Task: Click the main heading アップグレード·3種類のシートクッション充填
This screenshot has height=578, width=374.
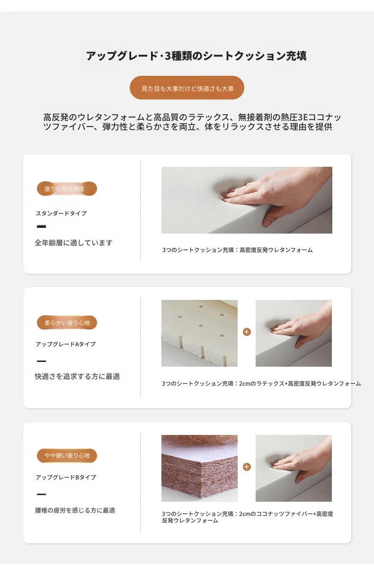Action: point(196,56)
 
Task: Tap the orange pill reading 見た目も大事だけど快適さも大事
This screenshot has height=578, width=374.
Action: point(187,88)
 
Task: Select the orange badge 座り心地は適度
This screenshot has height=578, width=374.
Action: point(67,189)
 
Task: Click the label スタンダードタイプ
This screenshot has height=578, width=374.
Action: point(61,213)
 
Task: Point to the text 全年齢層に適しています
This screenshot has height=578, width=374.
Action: point(73,243)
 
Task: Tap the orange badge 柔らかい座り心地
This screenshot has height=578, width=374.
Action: point(67,323)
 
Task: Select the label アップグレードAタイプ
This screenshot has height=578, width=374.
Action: point(66,344)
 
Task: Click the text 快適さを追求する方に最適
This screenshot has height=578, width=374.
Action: point(77,377)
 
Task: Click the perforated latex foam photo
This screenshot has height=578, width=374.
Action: point(199,333)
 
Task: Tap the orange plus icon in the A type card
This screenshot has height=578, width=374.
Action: point(247,332)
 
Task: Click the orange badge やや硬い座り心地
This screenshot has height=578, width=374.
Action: point(67,456)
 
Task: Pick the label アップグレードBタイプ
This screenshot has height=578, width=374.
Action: point(66,477)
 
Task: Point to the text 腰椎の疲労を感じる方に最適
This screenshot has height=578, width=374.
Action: point(75,510)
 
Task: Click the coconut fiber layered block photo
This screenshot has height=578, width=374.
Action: point(199,469)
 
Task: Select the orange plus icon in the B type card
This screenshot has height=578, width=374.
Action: point(247,467)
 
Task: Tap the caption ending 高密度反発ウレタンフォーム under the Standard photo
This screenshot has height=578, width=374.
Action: point(237,250)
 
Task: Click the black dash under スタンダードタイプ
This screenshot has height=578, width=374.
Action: point(41,226)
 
